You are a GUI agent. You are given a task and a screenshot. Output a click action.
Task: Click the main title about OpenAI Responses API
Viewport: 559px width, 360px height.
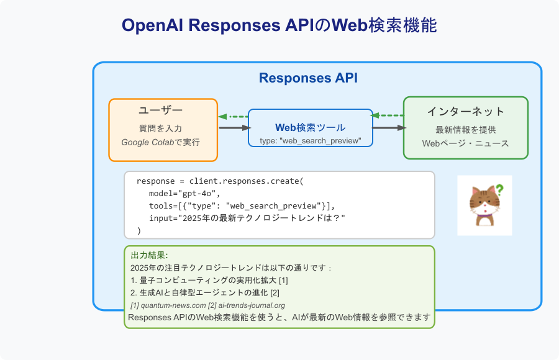click(x=279, y=25)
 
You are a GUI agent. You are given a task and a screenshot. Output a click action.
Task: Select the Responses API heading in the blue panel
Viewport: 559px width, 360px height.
click(x=308, y=78)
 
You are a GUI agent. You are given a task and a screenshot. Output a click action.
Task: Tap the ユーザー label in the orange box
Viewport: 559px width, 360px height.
click(x=160, y=110)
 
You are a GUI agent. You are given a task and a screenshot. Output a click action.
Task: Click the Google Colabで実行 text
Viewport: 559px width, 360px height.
click(x=160, y=142)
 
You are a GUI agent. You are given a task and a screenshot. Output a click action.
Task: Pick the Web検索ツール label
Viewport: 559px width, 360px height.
click(x=310, y=127)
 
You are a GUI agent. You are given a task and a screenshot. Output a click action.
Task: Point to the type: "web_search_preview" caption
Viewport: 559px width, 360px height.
click(x=310, y=141)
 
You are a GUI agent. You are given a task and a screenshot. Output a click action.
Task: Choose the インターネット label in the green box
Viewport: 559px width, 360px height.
click(x=465, y=112)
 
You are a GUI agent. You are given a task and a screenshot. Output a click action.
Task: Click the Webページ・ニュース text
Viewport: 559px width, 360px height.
click(x=465, y=143)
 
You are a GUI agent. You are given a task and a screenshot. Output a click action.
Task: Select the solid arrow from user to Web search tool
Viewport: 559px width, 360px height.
click(x=233, y=128)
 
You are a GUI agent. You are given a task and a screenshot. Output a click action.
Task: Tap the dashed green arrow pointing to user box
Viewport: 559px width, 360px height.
click(x=233, y=116)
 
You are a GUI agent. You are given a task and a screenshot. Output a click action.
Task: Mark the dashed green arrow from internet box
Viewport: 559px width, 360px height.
click(x=388, y=115)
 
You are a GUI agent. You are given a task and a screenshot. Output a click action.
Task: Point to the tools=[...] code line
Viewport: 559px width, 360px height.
click(x=242, y=205)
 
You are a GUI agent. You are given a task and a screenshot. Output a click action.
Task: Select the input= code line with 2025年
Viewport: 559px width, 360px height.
click(x=247, y=218)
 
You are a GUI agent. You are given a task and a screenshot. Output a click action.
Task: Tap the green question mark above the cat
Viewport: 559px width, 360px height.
click(x=499, y=191)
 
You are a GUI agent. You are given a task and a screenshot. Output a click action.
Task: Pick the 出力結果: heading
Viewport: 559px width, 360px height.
click(x=149, y=255)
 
